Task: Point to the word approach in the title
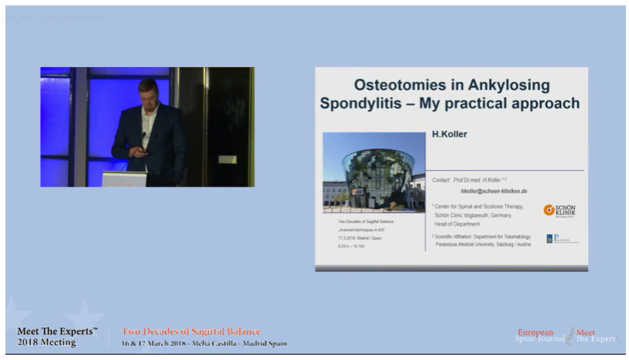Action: [543, 103]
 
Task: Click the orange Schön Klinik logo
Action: [559, 210]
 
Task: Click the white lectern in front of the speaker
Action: [124, 179]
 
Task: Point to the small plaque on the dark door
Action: [227, 159]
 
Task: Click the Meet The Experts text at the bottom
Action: [57, 331]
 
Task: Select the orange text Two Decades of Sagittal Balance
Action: [191, 332]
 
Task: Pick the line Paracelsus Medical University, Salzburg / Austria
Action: [481, 243]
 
